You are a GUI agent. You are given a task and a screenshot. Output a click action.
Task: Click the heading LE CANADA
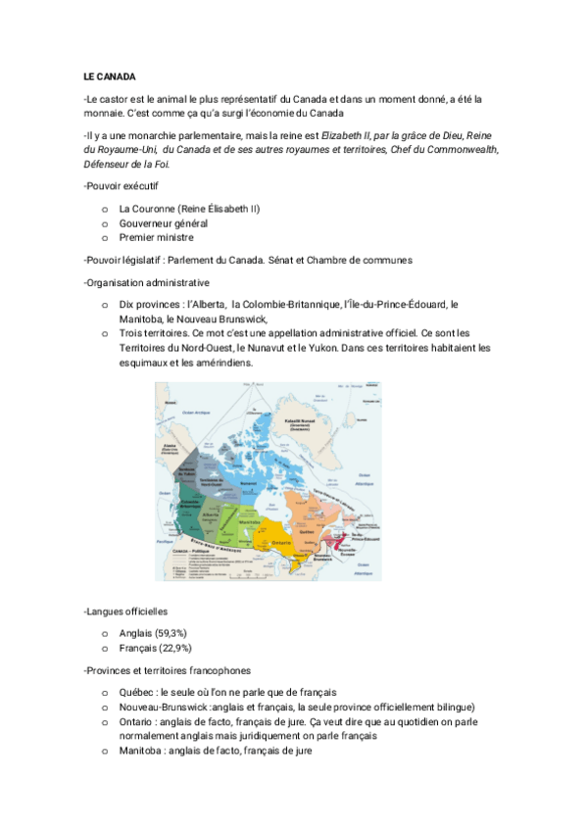coord(109,75)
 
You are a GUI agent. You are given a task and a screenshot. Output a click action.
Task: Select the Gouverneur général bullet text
coord(163,223)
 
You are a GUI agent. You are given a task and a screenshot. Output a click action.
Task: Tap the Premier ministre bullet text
coord(156,237)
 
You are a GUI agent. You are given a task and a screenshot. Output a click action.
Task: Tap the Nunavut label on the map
coord(248,482)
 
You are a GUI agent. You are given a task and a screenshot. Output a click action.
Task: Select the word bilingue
coord(451,707)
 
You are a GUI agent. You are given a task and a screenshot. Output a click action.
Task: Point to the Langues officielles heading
coord(125,611)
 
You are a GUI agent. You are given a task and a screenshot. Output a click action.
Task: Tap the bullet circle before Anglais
coord(104,634)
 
